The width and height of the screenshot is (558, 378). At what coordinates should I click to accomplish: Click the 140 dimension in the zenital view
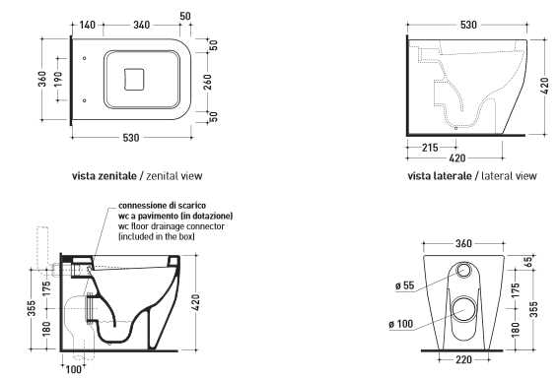[87, 25]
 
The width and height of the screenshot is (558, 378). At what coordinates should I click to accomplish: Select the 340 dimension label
[141, 25]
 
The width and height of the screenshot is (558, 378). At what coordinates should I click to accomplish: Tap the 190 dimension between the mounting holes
[58, 79]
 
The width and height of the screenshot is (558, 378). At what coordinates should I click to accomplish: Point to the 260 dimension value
[208, 82]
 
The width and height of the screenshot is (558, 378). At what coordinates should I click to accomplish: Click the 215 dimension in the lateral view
[430, 148]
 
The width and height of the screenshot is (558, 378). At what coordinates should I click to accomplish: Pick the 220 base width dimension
[464, 360]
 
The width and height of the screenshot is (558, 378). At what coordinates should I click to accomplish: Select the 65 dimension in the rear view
[529, 262]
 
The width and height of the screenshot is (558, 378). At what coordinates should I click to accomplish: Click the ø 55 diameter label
[405, 285]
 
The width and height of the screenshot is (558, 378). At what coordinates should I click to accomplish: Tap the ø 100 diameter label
[401, 324]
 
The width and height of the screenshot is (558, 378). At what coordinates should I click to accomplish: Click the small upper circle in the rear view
[463, 270]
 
